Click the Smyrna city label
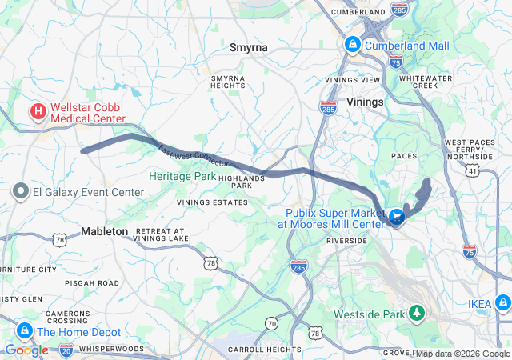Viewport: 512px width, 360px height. pyautogui.click(x=248, y=48)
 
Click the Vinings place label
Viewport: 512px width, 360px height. pyautogui.click(x=366, y=102)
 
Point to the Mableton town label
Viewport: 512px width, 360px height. pyautogui.click(x=104, y=231)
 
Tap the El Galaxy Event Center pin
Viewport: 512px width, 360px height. pyautogui.click(x=21, y=192)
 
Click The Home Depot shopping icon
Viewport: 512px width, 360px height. pyautogui.click(x=24, y=331)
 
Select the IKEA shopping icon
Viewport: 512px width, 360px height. pyautogui.click(x=502, y=304)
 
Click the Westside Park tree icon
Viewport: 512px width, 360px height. pyautogui.click(x=416, y=314)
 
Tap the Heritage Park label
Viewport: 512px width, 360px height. pyautogui.click(x=182, y=176)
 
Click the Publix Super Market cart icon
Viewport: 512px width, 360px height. pyautogui.click(x=397, y=217)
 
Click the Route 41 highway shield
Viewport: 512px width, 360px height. pyautogui.click(x=473, y=170)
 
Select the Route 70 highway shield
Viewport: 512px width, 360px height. pyautogui.click(x=272, y=324)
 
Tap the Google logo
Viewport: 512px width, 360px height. pyautogui.click(x=26, y=350)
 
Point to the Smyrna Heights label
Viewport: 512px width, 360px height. pyautogui.click(x=227, y=82)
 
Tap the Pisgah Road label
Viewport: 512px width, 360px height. pyautogui.click(x=94, y=283)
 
